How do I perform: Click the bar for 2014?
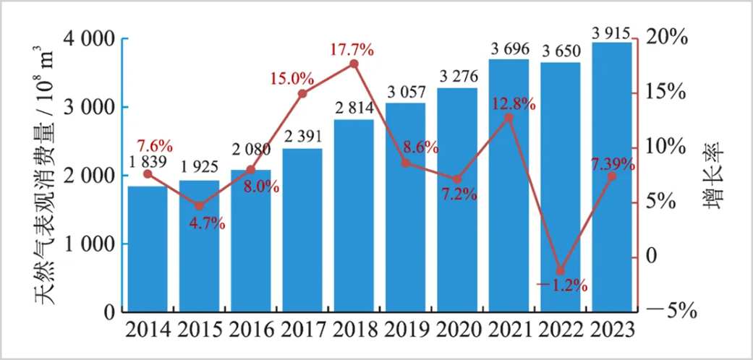(148, 249)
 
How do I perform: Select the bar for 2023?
(611, 177)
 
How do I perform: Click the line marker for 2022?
(560, 270)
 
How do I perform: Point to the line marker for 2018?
(354, 64)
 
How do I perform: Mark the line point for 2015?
(199, 206)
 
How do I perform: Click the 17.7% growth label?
(352, 50)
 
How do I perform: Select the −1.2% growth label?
(561, 285)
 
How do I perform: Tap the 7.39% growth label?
(612, 164)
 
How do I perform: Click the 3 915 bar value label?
(612, 33)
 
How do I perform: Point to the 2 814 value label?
(354, 109)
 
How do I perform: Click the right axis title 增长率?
(715, 174)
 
